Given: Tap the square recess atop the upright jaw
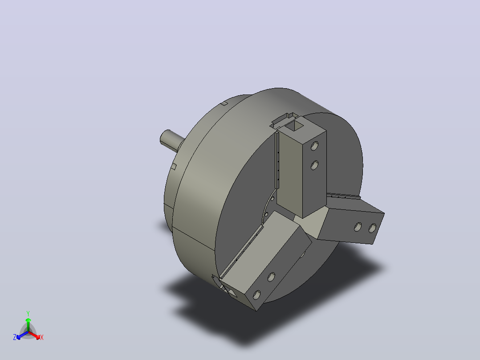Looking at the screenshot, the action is pyautogui.click(x=294, y=125).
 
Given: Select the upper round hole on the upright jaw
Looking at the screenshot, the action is pyautogui.click(x=314, y=146).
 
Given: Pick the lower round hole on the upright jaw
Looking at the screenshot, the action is pyautogui.click(x=314, y=165).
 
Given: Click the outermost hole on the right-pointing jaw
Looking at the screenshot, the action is pyautogui.click(x=373, y=228).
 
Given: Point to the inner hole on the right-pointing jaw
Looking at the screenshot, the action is pyautogui.click(x=358, y=227).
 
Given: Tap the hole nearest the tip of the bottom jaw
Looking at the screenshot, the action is pyautogui.click(x=256, y=295).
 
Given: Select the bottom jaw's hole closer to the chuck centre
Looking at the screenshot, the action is pyautogui.click(x=271, y=277).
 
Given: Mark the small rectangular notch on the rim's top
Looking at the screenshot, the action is pyautogui.click(x=224, y=103).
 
